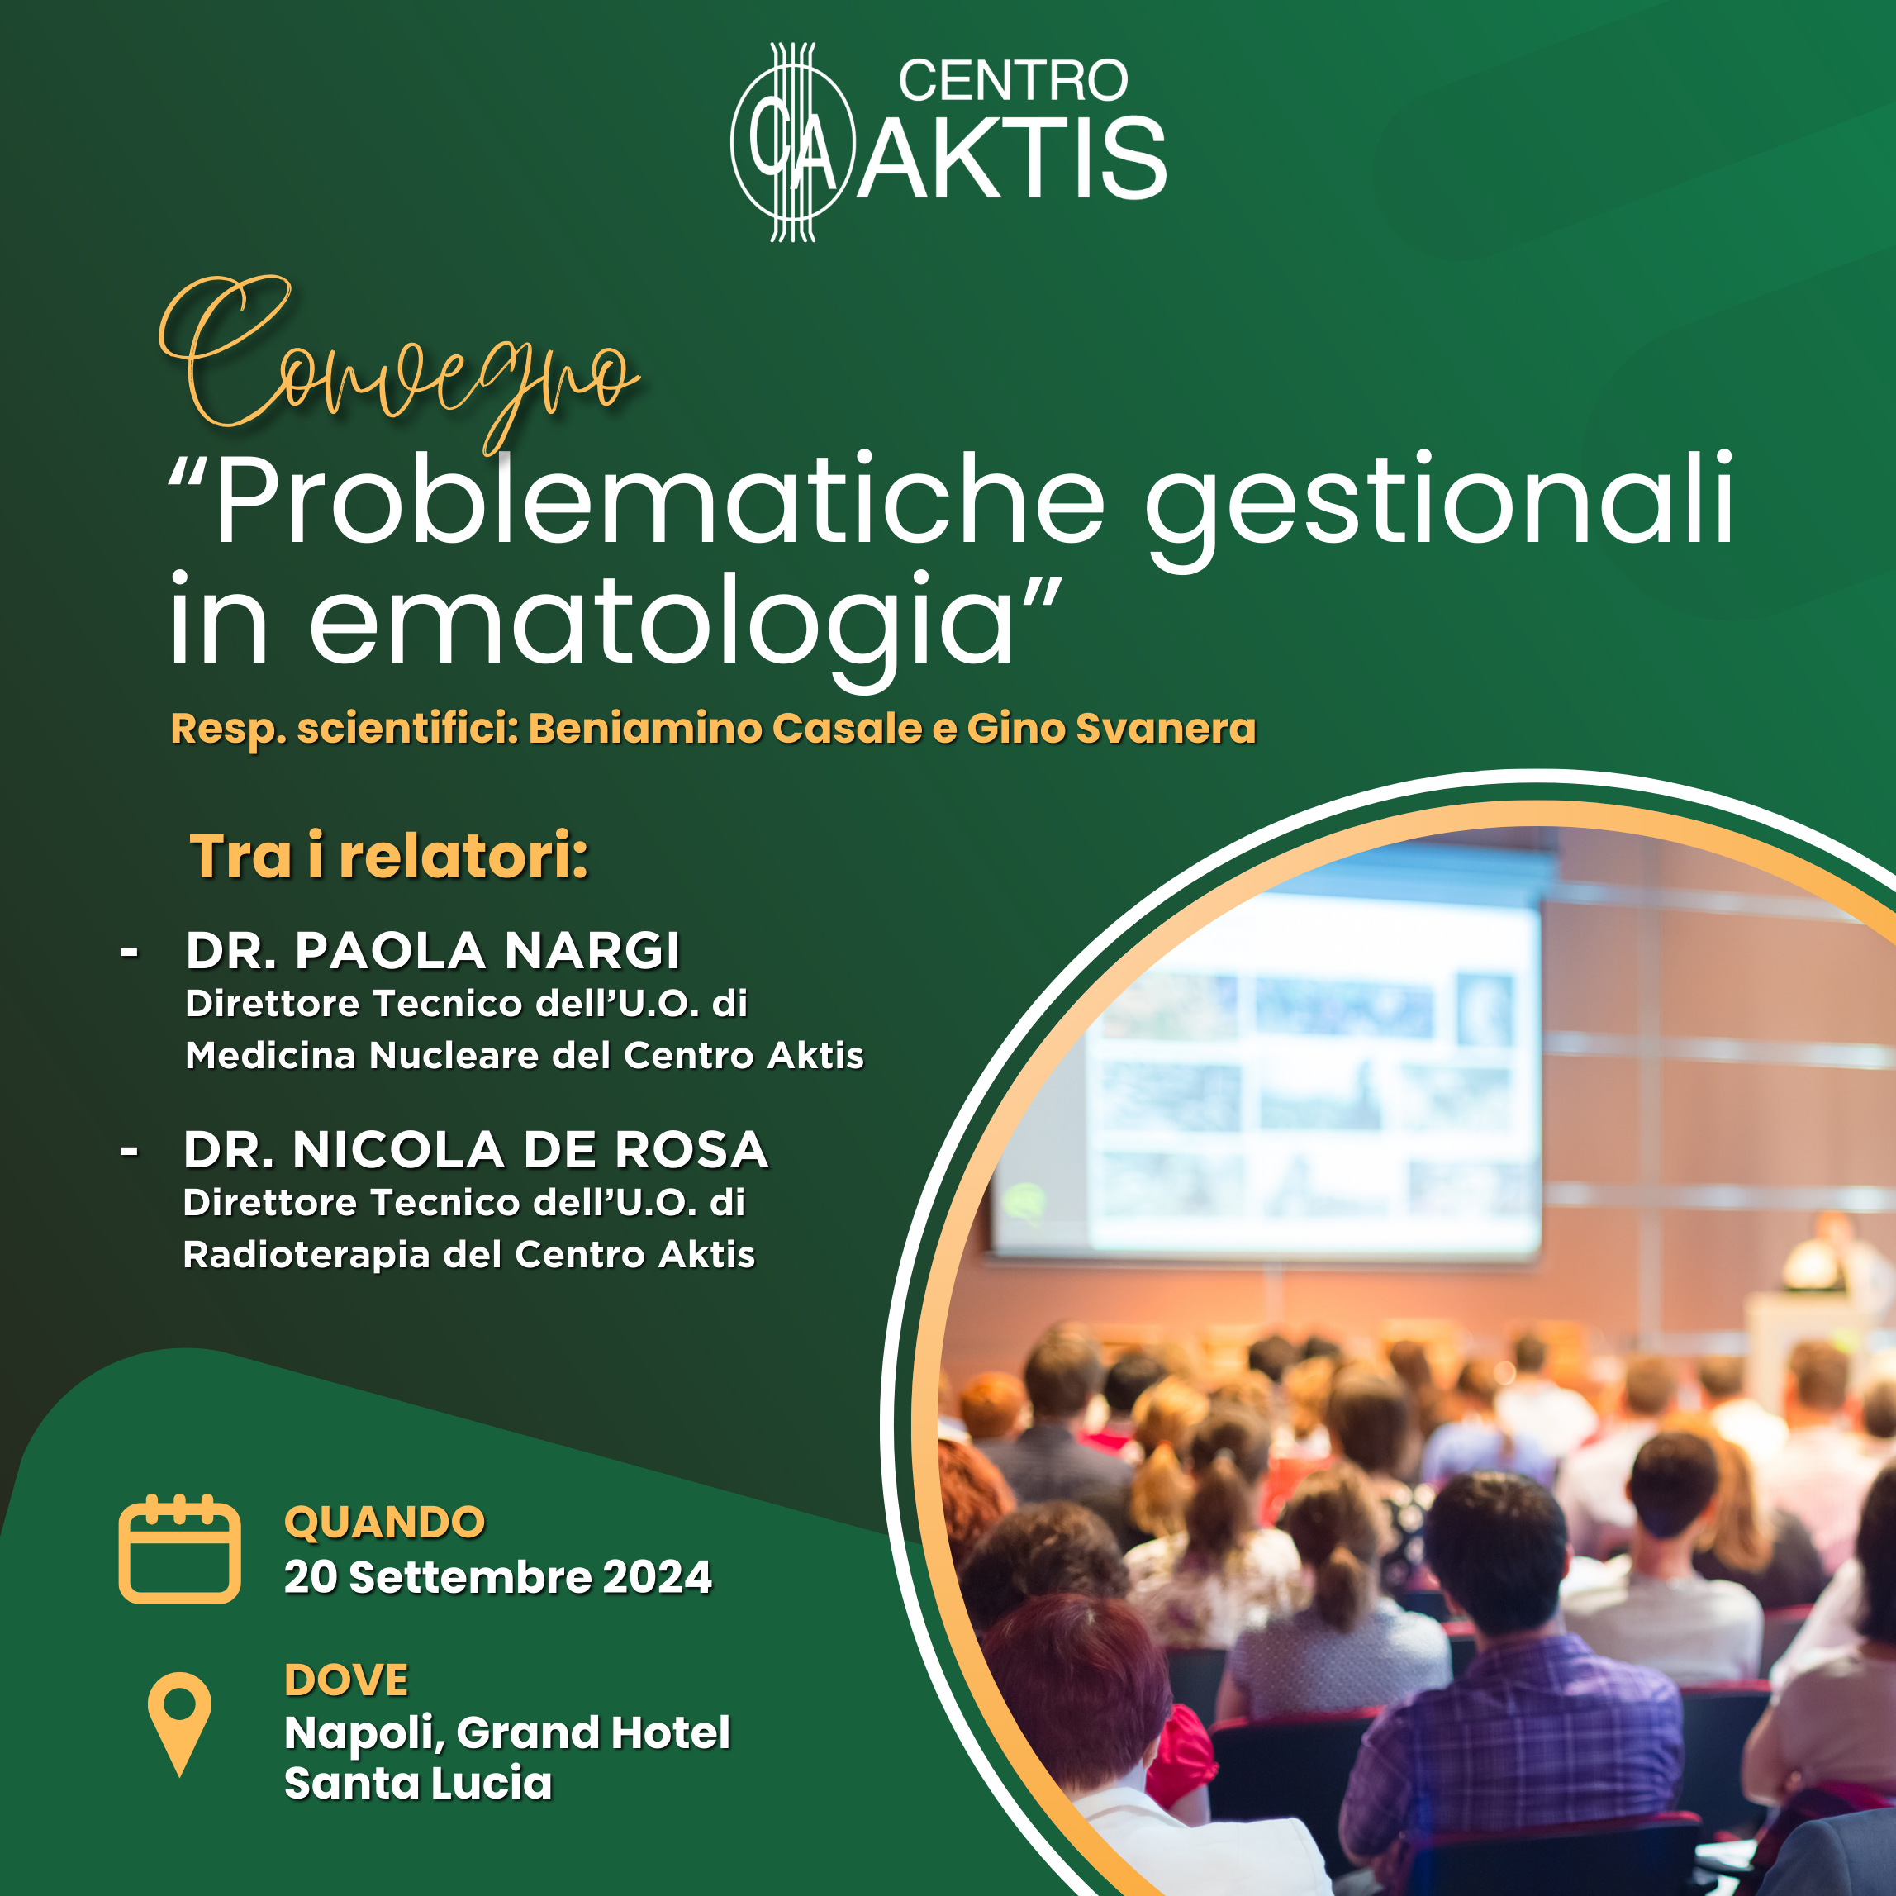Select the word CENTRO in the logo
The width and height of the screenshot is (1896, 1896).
pos(1013,80)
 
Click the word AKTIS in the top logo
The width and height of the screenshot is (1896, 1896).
pos(1011,158)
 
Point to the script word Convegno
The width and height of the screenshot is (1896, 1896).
pos(397,364)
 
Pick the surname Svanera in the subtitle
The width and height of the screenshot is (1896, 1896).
pos(1166,728)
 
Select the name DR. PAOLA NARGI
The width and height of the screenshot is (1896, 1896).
pos(433,950)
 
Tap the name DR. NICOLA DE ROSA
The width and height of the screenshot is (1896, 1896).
pos(476,1149)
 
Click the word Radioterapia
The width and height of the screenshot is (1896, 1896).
pos(307,1256)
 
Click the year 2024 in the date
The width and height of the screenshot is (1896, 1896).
pos(658,1577)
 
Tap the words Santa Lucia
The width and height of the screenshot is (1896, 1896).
pos(418,1783)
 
